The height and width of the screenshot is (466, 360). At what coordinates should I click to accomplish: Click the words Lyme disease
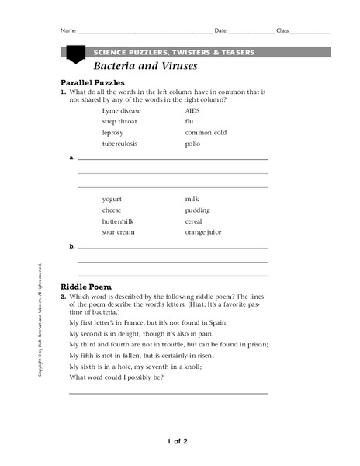click(120, 111)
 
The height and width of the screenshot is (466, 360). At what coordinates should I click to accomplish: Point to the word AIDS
click(192, 111)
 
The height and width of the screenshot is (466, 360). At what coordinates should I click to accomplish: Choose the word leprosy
click(112, 133)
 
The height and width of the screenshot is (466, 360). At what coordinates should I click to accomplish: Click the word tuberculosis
click(119, 144)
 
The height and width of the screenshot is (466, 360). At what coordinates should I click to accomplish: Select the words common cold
click(203, 133)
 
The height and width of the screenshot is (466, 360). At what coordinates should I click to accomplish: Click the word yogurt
click(112, 199)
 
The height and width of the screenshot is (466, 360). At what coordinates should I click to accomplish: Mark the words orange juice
click(202, 232)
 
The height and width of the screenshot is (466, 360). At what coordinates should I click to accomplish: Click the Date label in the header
click(220, 31)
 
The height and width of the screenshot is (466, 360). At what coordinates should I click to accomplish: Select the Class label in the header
click(282, 31)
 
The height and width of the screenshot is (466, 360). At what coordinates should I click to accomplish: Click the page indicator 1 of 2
click(177, 441)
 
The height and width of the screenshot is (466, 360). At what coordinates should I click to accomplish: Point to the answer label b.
click(72, 246)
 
